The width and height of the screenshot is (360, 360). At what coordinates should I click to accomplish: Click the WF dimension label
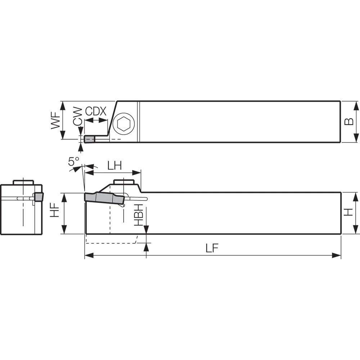[x=55, y=121]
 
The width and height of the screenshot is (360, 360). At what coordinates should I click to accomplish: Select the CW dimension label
[x=77, y=116]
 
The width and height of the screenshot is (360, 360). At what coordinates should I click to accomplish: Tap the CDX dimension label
[x=96, y=112]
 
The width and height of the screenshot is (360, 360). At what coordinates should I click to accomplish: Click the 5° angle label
[x=73, y=162]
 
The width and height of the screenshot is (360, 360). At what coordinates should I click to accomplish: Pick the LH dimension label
[x=115, y=165]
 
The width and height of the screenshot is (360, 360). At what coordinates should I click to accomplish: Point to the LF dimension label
[x=213, y=248]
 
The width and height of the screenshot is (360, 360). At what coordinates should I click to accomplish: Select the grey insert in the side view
[x=104, y=198]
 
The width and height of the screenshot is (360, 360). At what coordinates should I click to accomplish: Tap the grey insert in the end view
[x=38, y=197]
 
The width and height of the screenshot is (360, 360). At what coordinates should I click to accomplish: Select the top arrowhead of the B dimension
[x=356, y=104]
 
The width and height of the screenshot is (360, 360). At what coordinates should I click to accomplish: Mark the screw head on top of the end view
[x=23, y=182]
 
